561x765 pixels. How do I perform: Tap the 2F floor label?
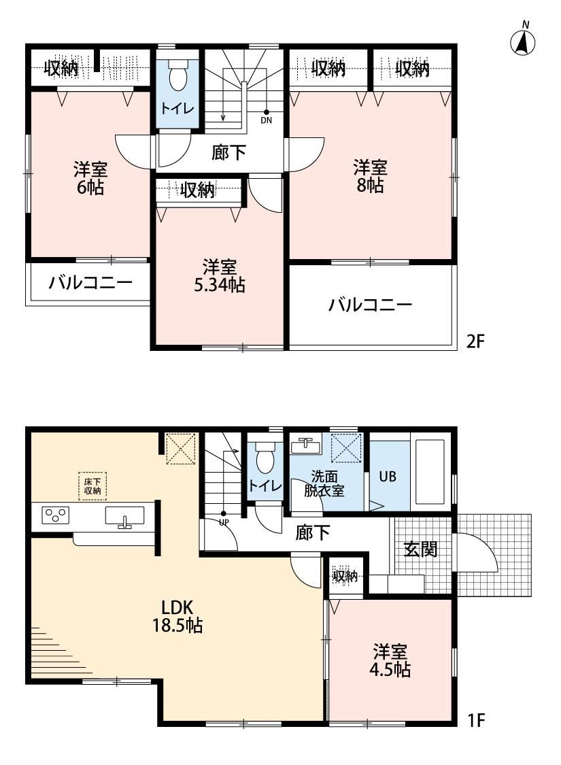[475, 341]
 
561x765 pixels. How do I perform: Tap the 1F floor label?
[475, 720]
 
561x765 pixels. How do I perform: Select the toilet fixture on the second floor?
[177, 75]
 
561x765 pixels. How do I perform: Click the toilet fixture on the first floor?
[265, 457]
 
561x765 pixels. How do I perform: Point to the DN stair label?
[266, 120]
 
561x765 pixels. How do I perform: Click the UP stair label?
[224, 521]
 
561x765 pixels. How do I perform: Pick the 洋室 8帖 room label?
[370, 177]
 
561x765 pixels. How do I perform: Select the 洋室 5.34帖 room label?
[220, 276]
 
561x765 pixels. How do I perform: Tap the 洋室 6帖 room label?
[90, 179]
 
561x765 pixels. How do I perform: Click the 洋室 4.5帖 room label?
[390, 660]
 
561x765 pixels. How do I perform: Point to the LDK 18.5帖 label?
[177, 616]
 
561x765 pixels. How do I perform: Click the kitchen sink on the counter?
[124, 516]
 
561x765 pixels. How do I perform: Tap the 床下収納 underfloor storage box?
[92, 486]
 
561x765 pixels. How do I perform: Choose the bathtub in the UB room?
[429, 473]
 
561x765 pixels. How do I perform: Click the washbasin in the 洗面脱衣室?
[305, 445]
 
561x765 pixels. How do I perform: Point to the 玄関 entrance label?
[420, 550]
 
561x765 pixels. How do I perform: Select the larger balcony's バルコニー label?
[370, 305]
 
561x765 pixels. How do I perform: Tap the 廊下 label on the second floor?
[228, 153]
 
